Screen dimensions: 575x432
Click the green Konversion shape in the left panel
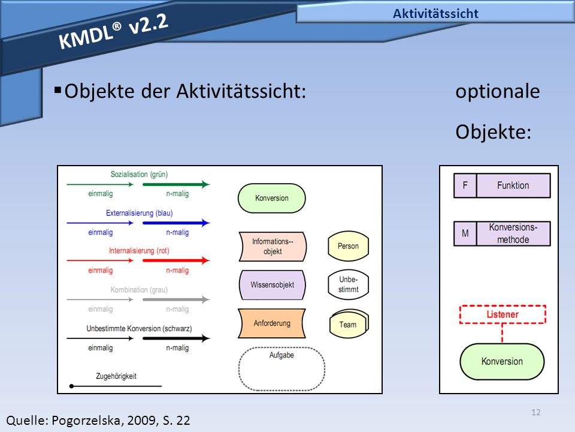(272, 198)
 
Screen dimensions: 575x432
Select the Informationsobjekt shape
(273, 247)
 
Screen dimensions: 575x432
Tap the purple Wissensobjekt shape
(272, 284)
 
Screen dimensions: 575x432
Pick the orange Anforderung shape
(272, 323)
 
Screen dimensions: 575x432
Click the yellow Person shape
(348, 246)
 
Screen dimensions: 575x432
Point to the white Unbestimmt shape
(348, 284)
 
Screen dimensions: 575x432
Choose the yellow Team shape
(349, 323)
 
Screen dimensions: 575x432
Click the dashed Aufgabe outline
(239, 369)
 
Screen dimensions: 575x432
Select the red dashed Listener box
(503, 314)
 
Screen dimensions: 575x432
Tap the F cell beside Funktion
(465, 185)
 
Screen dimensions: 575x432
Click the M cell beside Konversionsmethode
(465, 233)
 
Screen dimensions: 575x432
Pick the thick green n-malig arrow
(176, 184)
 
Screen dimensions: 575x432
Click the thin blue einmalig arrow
(100, 223)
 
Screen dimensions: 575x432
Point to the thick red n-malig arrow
(176, 260)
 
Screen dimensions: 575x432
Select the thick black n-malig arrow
(176, 338)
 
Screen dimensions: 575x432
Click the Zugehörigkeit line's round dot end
(71, 386)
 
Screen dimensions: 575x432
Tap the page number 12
(535, 412)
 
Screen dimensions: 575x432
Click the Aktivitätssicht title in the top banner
(435, 14)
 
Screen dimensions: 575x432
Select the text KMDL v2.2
(113, 31)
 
